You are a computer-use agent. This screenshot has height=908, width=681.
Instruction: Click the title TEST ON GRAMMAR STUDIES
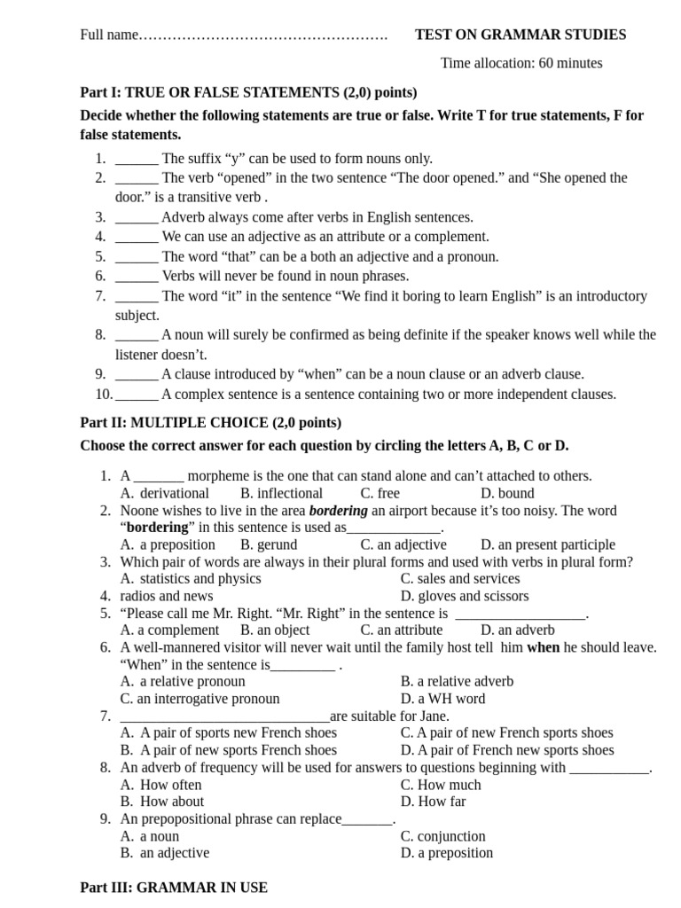521,35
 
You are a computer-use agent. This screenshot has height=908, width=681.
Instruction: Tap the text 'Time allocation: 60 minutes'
521,63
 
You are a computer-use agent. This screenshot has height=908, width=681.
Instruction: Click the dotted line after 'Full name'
264,35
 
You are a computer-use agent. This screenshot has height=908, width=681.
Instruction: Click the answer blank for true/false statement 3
137,217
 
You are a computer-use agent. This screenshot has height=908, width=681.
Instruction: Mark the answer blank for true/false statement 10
137,395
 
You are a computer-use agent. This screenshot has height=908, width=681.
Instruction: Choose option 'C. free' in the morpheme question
380,493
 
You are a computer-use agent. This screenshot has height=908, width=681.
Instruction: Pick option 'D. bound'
507,493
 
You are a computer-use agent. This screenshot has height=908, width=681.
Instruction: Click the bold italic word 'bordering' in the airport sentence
338,511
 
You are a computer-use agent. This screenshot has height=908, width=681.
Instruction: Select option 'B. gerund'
269,544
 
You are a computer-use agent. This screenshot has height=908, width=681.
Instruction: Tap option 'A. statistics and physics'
191,578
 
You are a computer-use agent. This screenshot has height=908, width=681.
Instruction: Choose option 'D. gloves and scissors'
464,596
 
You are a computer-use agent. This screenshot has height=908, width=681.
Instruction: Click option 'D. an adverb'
517,630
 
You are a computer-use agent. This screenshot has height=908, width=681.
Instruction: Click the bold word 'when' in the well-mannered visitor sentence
544,647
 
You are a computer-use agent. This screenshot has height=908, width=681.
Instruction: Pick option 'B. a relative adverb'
457,681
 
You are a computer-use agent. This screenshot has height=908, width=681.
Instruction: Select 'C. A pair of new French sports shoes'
506,732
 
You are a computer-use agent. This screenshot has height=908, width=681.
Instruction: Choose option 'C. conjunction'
442,836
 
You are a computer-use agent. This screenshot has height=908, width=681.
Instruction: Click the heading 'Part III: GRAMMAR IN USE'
174,887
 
